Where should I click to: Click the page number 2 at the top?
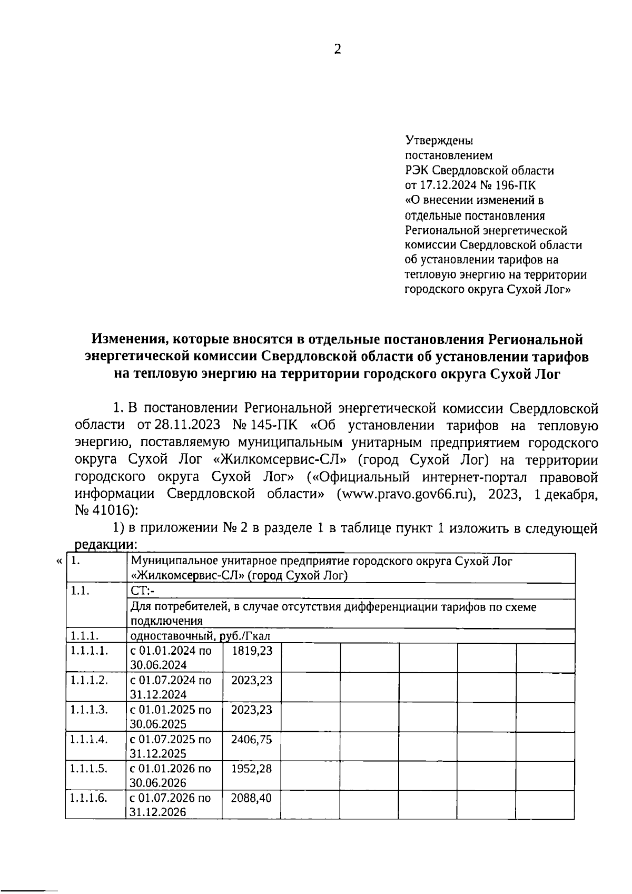[x=338, y=49]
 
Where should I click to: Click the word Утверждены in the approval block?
[x=439, y=141]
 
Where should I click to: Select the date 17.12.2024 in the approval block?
[x=447, y=185]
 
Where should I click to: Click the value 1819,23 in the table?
[x=252, y=651]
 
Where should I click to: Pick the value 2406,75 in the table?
[x=252, y=739]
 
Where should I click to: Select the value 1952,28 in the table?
[x=252, y=769]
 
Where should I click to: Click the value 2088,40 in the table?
[x=252, y=798]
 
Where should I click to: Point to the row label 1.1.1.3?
[x=90, y=710]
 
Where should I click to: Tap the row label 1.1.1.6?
[x=90, y=798]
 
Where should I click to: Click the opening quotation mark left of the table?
[x=59, y=562]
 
